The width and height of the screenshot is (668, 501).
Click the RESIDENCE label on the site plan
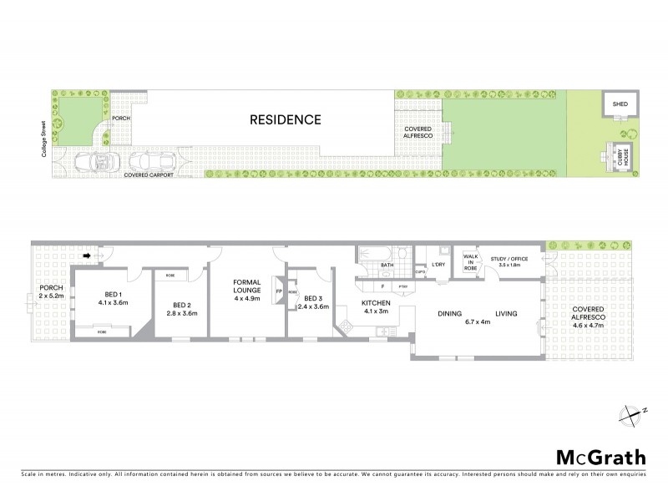(286, 119)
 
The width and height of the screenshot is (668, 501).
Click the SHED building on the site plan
(619, 105)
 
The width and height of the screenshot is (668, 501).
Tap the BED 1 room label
(114, 295)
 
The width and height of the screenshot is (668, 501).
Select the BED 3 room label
(313, 298)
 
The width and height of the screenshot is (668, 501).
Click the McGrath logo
(600, 457)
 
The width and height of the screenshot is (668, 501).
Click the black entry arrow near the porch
(88, 257)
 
